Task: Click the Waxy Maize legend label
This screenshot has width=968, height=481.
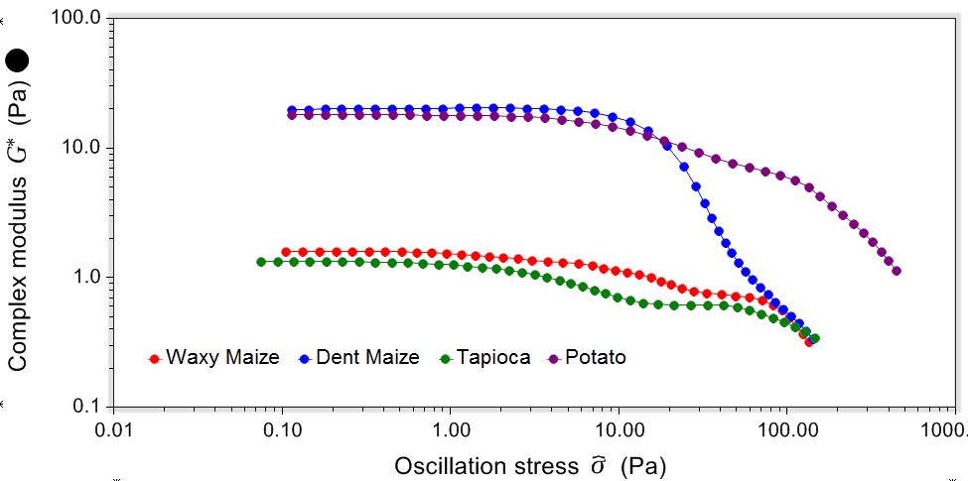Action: pyautogui.click(x=222, y=357)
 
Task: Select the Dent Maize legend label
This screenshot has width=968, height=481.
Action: pyautogui.click(x=367, y=357)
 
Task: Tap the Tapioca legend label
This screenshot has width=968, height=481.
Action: pyautogui.click(x=493, y=357)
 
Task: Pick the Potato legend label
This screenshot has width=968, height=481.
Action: pyautogui.click(x=595, y=357)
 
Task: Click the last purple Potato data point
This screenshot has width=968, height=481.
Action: pyautogui.click(x=897, y=271)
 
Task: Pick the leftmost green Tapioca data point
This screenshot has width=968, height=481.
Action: pyautogui.click(x=261, y=262)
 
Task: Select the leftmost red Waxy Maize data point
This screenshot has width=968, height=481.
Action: pyautogui.click(x=286, y=252)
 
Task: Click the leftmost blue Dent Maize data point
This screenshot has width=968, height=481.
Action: pyautogui.click(x=292, y=110)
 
